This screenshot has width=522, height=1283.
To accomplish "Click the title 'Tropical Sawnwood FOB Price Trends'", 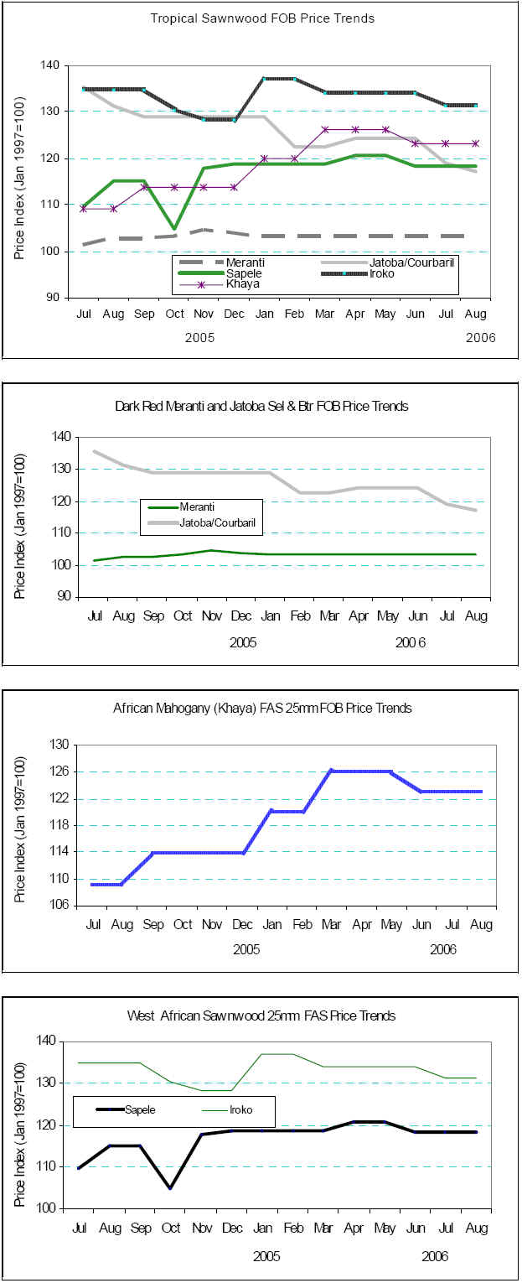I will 262,18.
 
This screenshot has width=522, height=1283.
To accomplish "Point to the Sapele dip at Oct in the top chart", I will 173,228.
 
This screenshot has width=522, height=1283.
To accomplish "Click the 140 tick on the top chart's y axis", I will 50,65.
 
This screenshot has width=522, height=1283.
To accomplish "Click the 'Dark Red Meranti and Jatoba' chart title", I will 261,406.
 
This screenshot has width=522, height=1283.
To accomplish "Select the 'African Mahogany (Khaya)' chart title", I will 262,709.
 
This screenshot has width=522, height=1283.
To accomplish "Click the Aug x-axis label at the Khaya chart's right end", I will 481,925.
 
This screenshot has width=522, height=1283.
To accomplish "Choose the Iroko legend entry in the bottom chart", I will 238,1109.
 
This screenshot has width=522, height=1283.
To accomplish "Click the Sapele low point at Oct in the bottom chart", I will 170,1187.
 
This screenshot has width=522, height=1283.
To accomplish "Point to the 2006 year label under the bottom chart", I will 435,1256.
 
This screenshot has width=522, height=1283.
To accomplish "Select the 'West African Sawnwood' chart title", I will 261,1015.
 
